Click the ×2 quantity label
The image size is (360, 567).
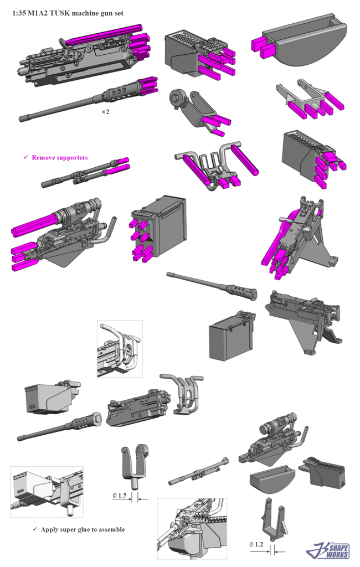pyautogui.click(x=105, y=112)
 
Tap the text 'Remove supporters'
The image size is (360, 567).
pyautogui.click(x=60, y=158)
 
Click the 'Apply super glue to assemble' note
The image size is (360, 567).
pyautogui.click(x=83, y=529)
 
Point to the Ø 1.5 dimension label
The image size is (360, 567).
pyautogui.click(x=120, y=496)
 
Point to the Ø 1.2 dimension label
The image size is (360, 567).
pyautogui.click(x=256, y=544)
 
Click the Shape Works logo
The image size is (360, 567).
pyautogui.click(x=328, y=551)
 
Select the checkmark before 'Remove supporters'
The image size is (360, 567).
pyautogui.click(x=26, y=157)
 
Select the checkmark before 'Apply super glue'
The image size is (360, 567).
pyautogui.click(x=35, y=529)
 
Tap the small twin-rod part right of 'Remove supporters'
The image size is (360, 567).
pyautogui.click(x=85, y=172)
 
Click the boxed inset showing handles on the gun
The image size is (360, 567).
pyautogui.click(x=120, y=349)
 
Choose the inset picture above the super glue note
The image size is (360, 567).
pyautogui.click(x=47, y=492)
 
